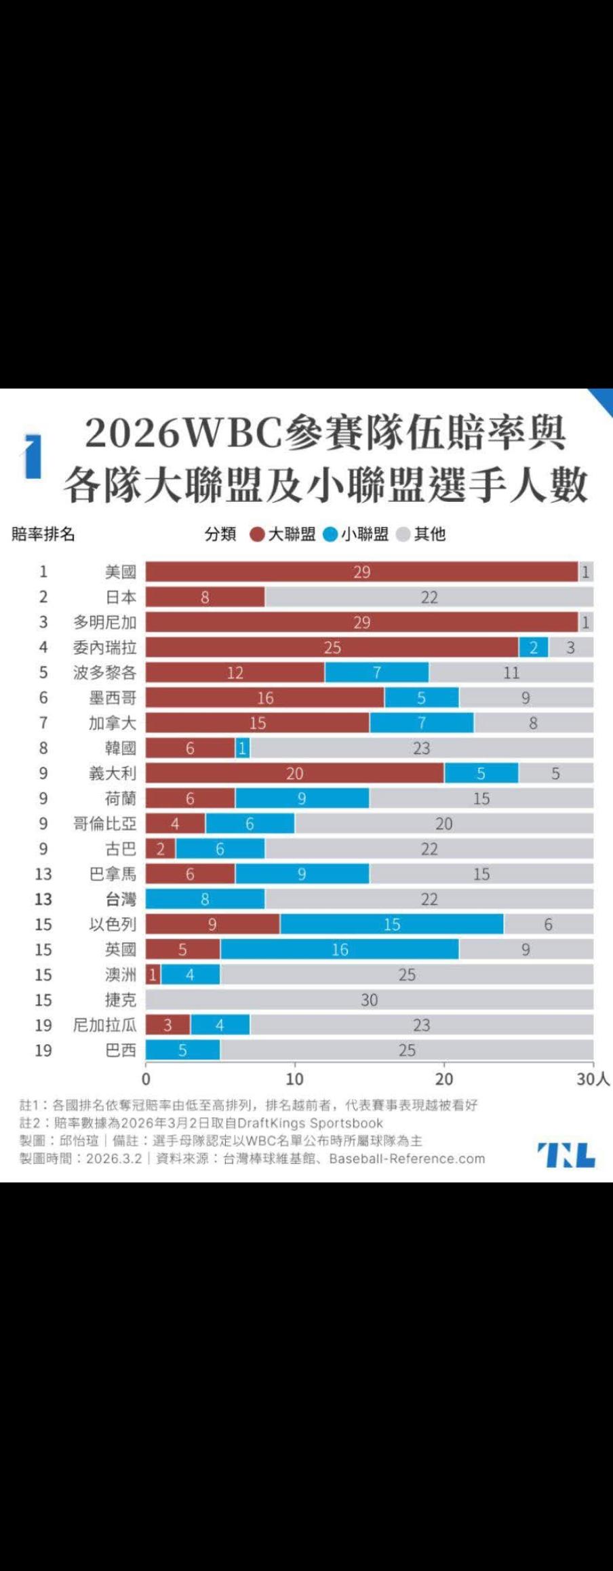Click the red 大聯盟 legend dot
(257, 535)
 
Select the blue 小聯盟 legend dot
(330, 535)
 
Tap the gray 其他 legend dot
(403, 535)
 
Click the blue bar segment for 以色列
(392, 924)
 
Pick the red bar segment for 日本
(205, 597)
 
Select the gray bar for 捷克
(370, 999)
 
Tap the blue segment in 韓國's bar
(243, 748)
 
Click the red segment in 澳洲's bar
(153, 975)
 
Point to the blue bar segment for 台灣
(205, 899)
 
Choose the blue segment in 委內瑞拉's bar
(534, 647)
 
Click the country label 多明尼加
(104, 622)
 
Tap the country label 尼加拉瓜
(104, 1025)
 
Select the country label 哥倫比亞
(104, 823)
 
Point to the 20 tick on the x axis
(444, 1079)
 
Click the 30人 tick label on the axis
(593, 1079)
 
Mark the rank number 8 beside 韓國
(43, 748)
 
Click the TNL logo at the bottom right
(566, 1155)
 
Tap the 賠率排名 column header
(43, 535)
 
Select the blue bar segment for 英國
(340, 949)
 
